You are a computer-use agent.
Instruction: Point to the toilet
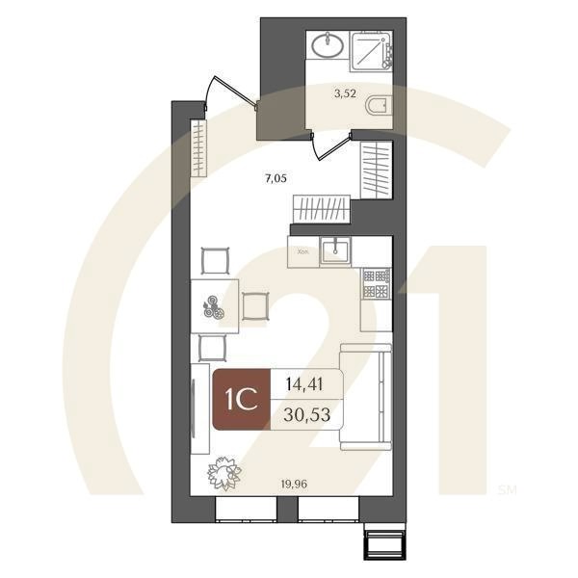(380, 107)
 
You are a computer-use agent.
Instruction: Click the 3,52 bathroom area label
(345, 93)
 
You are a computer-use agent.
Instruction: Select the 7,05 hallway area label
(276, 176)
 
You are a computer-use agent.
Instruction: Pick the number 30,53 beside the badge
(305, 416)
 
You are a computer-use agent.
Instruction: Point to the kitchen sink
(334, 250)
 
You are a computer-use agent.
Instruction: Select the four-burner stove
(376, 283)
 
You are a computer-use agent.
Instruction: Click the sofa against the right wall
(367, 396)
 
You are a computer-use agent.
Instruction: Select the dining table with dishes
(214, 306)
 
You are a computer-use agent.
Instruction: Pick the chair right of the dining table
(255, 306)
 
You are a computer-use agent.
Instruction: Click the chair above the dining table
(216, 261)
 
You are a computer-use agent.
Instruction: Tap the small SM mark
(507, 488)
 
